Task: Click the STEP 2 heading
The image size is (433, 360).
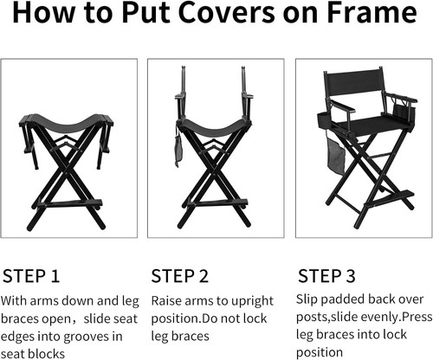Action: (x=180, y=276)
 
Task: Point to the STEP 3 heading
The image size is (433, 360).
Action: (x=326, y=276)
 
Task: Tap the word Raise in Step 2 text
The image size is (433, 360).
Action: (x=167, y=302)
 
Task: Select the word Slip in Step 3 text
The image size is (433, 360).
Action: (x=308, y=300)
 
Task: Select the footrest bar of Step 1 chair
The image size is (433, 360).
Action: (x=68, y=203)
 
